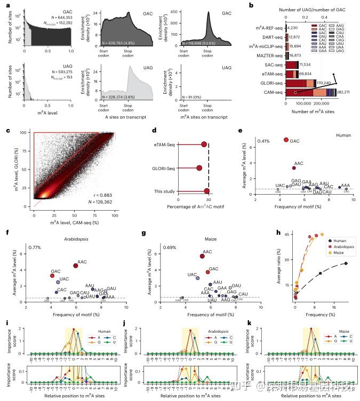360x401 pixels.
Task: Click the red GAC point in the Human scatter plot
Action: point(286,140)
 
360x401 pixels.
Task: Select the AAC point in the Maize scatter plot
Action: point(202,256)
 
